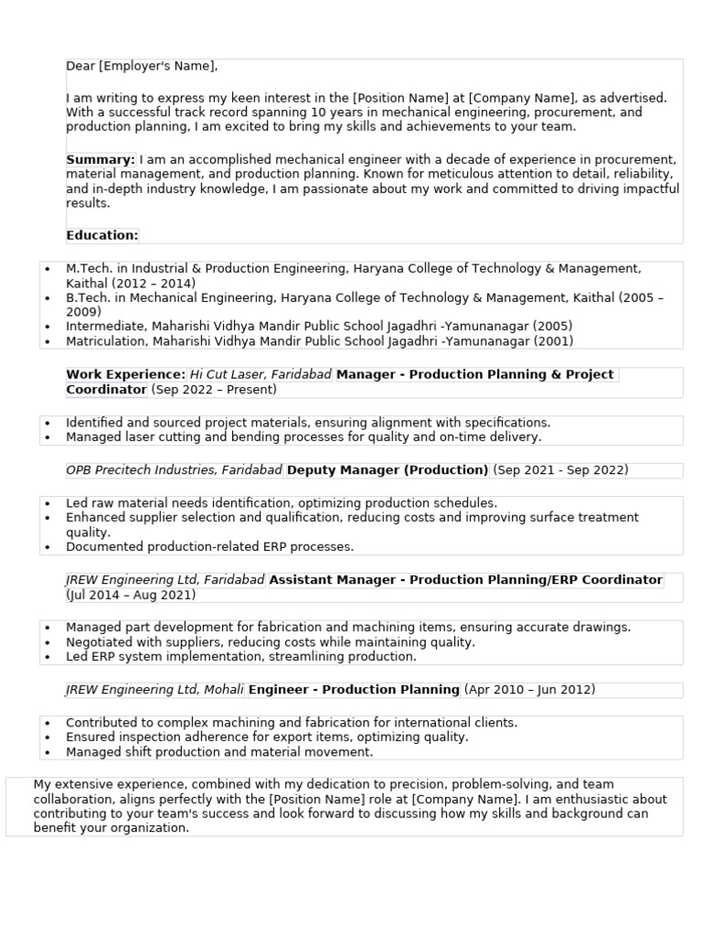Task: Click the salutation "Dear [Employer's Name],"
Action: tap(142, 67)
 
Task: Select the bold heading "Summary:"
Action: tap(101, 159)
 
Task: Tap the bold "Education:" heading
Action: tap(102, 235)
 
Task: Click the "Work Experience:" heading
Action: tap(125, 375)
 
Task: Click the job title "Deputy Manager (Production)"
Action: tap(388, 470)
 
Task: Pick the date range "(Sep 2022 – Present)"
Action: tap(214, 390)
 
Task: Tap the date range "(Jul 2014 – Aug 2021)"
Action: tap(131, 595)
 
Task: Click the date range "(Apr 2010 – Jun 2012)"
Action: tap(529, 690)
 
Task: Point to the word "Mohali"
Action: tap(222, 690)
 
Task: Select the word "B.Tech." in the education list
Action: tap(88, 298)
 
